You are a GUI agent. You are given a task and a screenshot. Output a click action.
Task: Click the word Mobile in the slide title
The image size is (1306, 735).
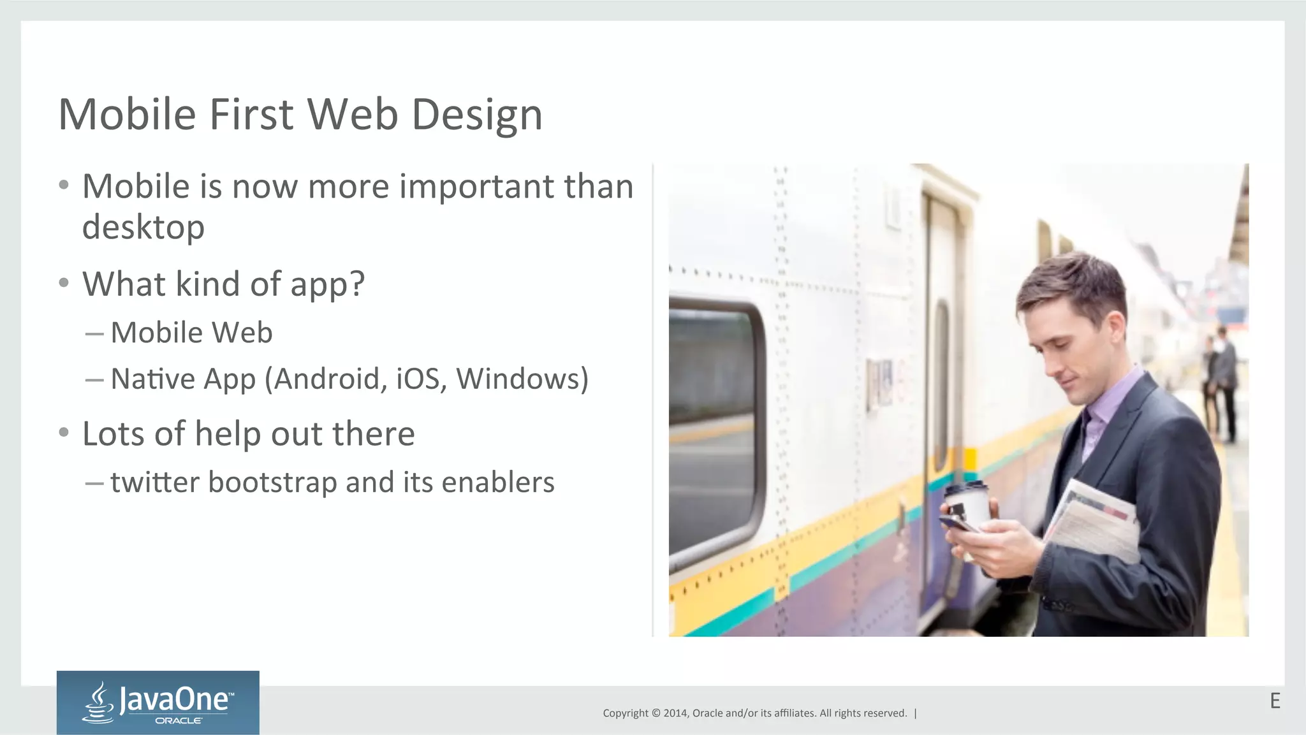127,115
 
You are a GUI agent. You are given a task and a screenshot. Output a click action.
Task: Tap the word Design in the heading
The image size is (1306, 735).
477,116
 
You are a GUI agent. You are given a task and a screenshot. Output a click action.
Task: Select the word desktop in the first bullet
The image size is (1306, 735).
143,228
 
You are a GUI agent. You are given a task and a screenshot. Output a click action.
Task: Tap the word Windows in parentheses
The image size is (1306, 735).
517,379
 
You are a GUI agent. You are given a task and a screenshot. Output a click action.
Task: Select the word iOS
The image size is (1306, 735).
418,379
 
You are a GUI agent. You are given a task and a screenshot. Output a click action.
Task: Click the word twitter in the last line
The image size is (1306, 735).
155,483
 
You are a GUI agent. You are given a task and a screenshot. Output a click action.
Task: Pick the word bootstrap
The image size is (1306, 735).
273,483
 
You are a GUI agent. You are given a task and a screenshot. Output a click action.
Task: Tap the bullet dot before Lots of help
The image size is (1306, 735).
64,433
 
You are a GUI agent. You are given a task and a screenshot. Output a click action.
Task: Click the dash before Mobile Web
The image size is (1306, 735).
94,333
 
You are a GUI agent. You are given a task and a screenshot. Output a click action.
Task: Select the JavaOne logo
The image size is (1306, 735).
158,702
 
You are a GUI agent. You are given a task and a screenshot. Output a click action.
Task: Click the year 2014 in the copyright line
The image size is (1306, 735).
675,713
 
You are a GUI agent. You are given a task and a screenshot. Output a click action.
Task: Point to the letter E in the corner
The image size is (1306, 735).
1275,701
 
